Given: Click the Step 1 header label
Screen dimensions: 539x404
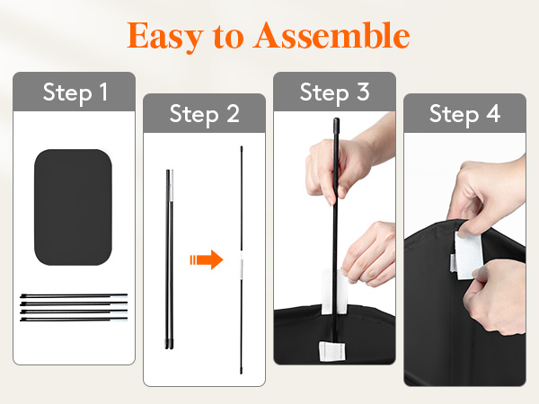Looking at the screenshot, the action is [75, 92].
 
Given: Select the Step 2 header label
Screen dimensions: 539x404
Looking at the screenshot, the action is [205, 114].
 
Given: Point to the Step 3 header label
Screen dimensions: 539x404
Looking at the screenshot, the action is [335, 92].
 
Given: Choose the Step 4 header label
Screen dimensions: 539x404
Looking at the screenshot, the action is [464, 114].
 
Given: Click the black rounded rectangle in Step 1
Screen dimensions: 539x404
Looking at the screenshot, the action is [74, 207].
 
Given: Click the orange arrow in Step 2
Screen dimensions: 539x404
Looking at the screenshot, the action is [207, 259].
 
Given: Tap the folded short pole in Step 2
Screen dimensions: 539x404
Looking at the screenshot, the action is [170, 259].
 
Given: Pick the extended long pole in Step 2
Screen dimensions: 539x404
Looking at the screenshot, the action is [242, 260].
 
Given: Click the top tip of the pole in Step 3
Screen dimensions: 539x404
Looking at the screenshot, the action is [336, 119].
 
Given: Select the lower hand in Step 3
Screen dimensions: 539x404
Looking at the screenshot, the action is [369, 254].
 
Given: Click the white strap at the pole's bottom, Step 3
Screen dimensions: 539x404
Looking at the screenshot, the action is [331, 351].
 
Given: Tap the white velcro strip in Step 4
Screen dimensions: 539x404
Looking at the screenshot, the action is [467, 256].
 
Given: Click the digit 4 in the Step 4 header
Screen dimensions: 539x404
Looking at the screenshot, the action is [493, 113].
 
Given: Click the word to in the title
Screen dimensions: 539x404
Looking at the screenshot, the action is [228, 37].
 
